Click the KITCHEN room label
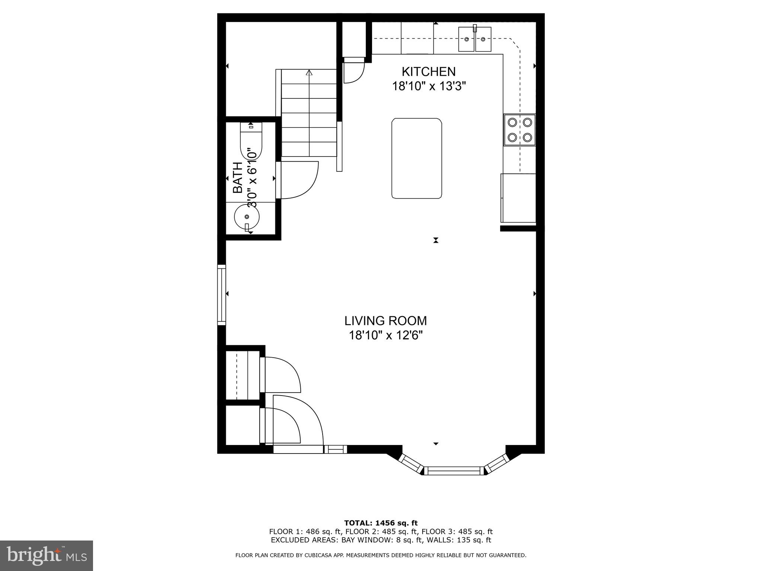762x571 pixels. tap(428, 71)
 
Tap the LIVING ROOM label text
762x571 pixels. tap(385, 320)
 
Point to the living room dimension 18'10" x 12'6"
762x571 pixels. tap(385, 336)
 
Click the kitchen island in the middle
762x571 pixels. tap(416, 158)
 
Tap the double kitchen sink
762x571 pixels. tap(474, 39)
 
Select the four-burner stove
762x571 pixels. tap(519, 130)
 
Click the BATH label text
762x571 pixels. tap(237, 178)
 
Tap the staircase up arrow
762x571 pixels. tap(309, 73)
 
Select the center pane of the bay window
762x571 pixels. tap(454, 471)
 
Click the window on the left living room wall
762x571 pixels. tap(221, 294)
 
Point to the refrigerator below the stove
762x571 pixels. tap(518, 198)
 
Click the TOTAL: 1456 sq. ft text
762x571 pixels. tap(381, 523)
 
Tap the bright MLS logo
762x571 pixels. tap(46, 556)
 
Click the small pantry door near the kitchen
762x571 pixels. tap(353, 71)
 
